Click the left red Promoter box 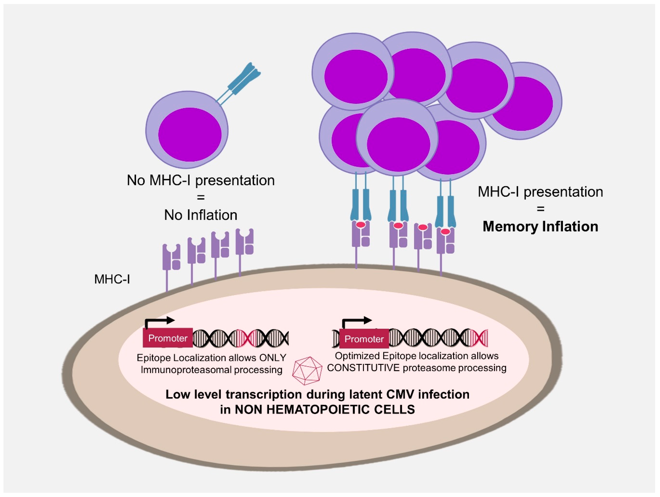168,338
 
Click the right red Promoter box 364,339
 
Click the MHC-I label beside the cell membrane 112,279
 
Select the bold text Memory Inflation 540,227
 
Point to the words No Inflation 201,215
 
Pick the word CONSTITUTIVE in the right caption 363,368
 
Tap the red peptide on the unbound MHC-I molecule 422,227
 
